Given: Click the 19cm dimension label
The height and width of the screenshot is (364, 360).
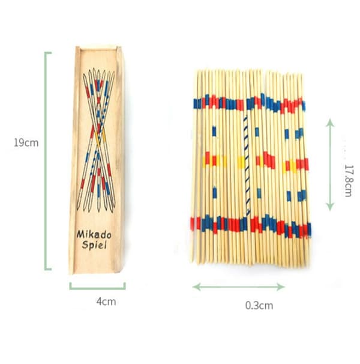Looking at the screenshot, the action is (x=26, y=142).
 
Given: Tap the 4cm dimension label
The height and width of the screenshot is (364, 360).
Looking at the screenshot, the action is (x=106, y=302).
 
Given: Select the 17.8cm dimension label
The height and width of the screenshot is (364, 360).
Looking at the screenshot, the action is (x=348, y=181).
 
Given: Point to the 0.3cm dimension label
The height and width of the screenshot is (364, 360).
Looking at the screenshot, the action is (x=259, y=305).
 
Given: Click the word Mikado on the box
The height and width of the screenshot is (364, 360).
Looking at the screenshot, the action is (x=94, y=234).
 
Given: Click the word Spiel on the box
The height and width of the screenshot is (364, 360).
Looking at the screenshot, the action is (x=94, y=245).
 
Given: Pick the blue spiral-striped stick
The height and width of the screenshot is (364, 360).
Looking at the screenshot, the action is (x=246, y=165).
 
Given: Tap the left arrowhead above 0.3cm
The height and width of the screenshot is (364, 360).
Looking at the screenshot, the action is (x=196, y=287).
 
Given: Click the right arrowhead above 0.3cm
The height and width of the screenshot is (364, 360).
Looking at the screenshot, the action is (x=281, y=287).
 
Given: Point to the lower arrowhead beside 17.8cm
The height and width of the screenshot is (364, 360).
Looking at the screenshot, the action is (x=330, y=207).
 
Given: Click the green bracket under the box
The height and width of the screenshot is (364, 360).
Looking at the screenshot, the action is (x=97, y=288).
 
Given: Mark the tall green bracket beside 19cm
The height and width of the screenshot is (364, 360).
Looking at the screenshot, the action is (x=46, y=161).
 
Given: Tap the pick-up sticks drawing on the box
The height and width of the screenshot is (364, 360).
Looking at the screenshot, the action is (x=96, y=140).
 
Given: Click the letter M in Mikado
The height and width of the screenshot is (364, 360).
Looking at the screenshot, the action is (x=80, y=234).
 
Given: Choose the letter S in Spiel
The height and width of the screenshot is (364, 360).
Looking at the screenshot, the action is (x=85, y=245).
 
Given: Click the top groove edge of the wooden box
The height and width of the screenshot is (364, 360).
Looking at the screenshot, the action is (x=98, y=49).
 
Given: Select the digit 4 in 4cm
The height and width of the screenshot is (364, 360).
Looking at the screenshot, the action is (x=99, y=302).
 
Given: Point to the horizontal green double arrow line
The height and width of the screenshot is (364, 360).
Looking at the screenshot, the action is (x=239, y=287).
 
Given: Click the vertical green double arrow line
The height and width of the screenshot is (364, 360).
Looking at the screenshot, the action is (x=330, y=165).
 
